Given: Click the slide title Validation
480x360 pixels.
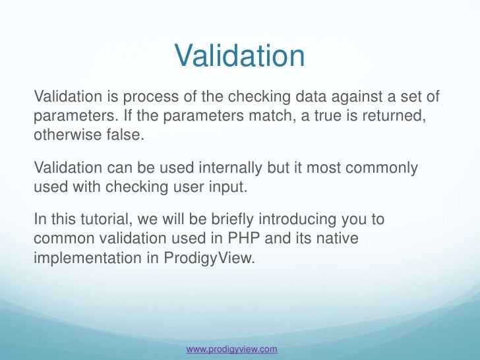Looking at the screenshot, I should point(239,57).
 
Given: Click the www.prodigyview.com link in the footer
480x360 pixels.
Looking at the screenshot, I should point(231,349).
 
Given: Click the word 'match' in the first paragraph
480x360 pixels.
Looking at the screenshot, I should point(248,116).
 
